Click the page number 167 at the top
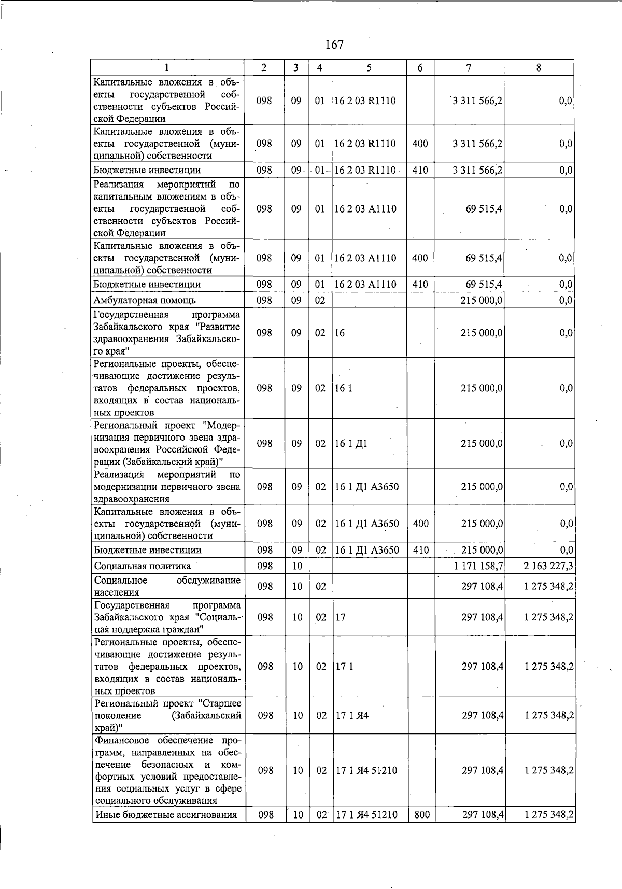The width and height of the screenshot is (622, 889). (x=334, y=45)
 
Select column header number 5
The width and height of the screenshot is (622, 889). (x=369, y=67)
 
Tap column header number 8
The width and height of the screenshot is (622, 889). (x=539, y=67)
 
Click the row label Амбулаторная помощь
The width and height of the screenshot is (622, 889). (x=145, y=300)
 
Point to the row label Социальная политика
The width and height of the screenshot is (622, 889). (x=142, y=566)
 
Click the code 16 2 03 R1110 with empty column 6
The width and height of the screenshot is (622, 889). (x=365, y=101)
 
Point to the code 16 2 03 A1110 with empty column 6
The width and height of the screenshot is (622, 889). (x=365, y=209)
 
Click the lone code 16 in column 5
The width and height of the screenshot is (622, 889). (x=340, y=333)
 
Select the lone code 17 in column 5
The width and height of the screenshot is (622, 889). (x=341, y=617)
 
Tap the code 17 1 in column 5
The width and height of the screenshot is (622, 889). (x=344, y=667)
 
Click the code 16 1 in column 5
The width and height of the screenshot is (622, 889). (x=343, y=388)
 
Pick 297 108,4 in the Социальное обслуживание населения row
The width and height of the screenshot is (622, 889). (x=482, y=586)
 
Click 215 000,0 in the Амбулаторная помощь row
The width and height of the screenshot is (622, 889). (x=482, y=300)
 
